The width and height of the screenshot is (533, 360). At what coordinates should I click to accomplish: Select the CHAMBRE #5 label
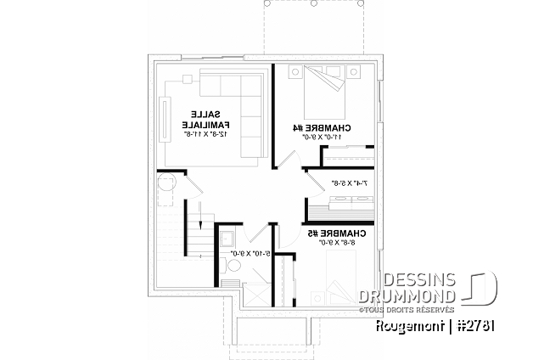tap(345, 233)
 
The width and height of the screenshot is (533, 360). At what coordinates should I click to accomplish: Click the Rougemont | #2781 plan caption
tap(431, 327)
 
